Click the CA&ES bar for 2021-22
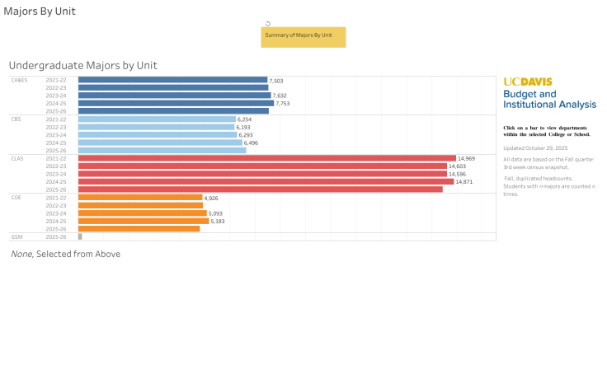[x=172, y=80]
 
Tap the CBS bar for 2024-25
[x=160, y=143]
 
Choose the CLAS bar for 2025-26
[x=260, y=189]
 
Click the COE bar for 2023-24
[x=142, y=213]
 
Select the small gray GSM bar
[x=80, y=236]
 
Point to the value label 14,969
[x=467, y=158]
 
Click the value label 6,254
[x=244, y=119]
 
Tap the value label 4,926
[x=211, y=198]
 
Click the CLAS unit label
[x=16, y=158]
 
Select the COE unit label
[x=16, y=198]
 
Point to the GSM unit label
[x=16, y=236]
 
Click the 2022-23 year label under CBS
[x=56, y=127]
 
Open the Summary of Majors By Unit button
[x=303, y=36]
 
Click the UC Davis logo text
[x=528, y=82]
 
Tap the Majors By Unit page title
[x=40, y=12]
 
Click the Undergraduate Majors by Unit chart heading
[x=82, y=65]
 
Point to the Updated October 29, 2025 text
[x=535, y=147]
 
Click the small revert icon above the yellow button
[x=268, y=23]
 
